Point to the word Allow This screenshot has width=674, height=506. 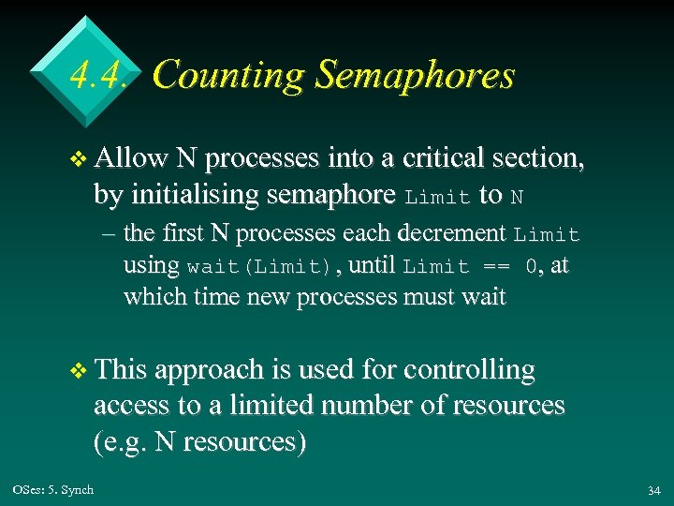coord(130,160)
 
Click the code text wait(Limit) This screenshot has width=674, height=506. coord(259,266)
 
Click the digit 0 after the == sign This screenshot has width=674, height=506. coord(532,266)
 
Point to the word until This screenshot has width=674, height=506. coord(373,265)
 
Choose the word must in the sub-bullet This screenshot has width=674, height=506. coord(430,298)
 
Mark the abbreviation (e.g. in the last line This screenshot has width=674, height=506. coord(122,441)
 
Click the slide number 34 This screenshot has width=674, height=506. coord(653,491)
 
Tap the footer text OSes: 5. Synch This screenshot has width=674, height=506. coord(53,489)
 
